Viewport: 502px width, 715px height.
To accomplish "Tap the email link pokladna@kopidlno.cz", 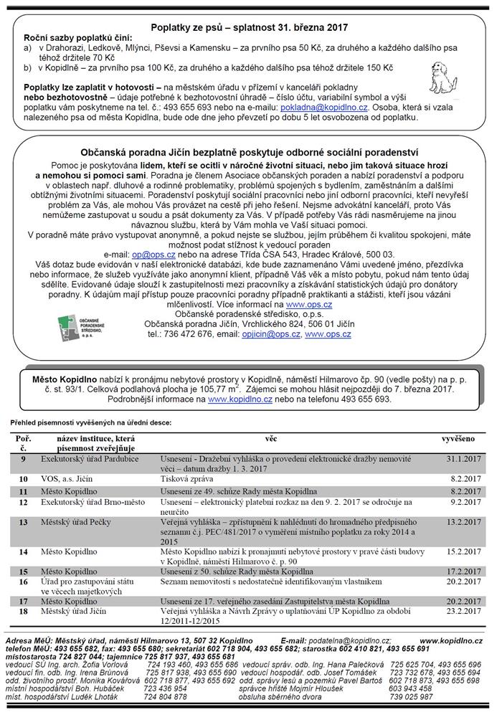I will pyautogui.click(x=325, y=105).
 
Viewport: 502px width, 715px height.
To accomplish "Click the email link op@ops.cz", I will pyautogui.click(x=144, y=254).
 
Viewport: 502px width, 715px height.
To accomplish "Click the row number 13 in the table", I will pyautogui.click(x=24, y=522).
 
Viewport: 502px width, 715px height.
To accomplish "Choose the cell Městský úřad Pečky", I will pyautogui.click(x=77, y=522).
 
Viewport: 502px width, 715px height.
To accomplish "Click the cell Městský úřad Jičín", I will pyautogui.click(x=73, y=610).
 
